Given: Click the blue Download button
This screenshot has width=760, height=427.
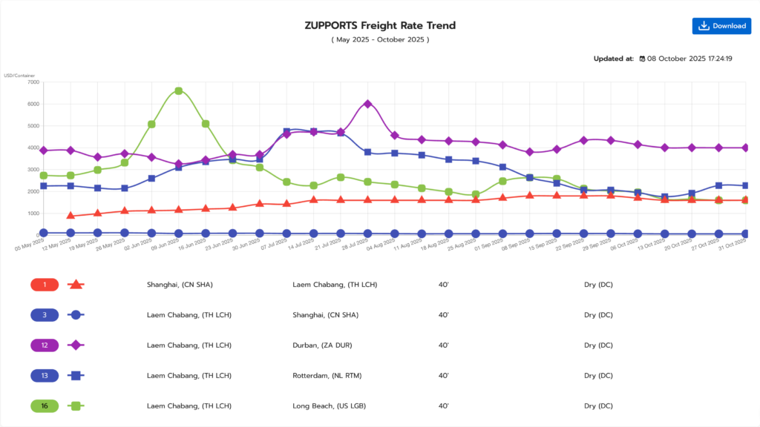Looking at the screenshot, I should pos(721,26).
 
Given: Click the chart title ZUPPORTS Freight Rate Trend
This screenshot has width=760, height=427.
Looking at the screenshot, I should pos(380,25).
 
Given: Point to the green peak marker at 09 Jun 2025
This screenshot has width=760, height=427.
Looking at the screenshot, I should pos(179,91).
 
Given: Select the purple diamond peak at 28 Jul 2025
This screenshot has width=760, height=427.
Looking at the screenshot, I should pos(367,104).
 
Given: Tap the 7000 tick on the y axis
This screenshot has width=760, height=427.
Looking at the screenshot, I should pos(33,82).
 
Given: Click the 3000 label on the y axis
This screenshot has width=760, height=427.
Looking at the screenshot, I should pos(33,170).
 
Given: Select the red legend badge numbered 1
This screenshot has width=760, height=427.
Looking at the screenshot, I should pos(45,285).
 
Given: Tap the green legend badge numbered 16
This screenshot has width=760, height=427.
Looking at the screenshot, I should pos(45,406).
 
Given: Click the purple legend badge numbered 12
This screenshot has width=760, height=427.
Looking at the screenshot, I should pos(45,345).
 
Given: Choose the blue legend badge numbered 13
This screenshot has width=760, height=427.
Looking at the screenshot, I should pos(45,375).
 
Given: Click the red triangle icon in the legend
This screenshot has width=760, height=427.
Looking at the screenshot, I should pos(75,285).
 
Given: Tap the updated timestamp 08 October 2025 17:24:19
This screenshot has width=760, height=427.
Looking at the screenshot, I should pos(689,59).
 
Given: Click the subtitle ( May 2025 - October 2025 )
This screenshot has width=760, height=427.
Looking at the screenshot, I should pos(380,39).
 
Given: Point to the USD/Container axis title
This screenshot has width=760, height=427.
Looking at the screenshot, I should pos(19,76).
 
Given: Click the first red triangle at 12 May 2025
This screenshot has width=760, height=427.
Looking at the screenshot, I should pos(71,216).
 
